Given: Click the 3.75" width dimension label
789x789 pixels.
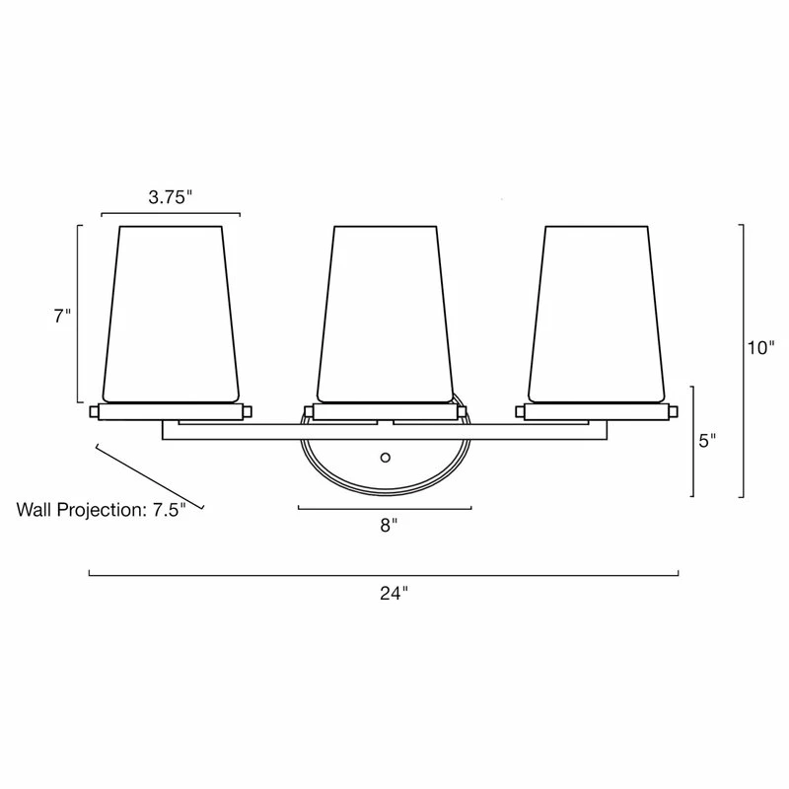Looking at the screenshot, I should pyautogui.click(x=170, y=196).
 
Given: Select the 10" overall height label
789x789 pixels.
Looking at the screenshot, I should pyautogui.click(x=761, y=347).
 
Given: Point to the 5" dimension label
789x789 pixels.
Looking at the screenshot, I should pyautogui.click(x=706, y=441).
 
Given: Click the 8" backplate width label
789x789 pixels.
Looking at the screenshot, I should pyautogui.click(x=388, y=526).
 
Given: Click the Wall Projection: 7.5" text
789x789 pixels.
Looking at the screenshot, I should pyautogui.click(x=102, y=511).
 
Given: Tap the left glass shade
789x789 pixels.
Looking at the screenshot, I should pyautogui.click(x=172, y=311).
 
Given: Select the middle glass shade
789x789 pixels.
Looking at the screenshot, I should pyautogui.click(x=386, y=311).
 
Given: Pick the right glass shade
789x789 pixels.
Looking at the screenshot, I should pyautogui.click(x=598, y=311).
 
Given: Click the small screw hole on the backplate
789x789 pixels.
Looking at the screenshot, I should pyautogui.click(x=386, y=458).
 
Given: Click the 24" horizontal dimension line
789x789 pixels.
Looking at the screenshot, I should pyautogui.click(x=385, y=573).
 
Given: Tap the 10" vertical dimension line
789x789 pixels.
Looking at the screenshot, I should pyautogui.click(x=743, y=360).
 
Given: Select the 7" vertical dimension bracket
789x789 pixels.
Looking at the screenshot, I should pyautogui.click(x=78, y=314).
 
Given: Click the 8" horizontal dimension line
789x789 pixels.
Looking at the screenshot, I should pyautogui.click(x=385, y=509).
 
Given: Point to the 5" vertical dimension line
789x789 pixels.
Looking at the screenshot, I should pyautogui.click(x=693, y=441).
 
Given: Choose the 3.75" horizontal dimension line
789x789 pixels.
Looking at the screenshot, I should pyautogui.click(x=171, y=213).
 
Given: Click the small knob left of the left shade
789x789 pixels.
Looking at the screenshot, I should pyautogui.click(x=95, y=410).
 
